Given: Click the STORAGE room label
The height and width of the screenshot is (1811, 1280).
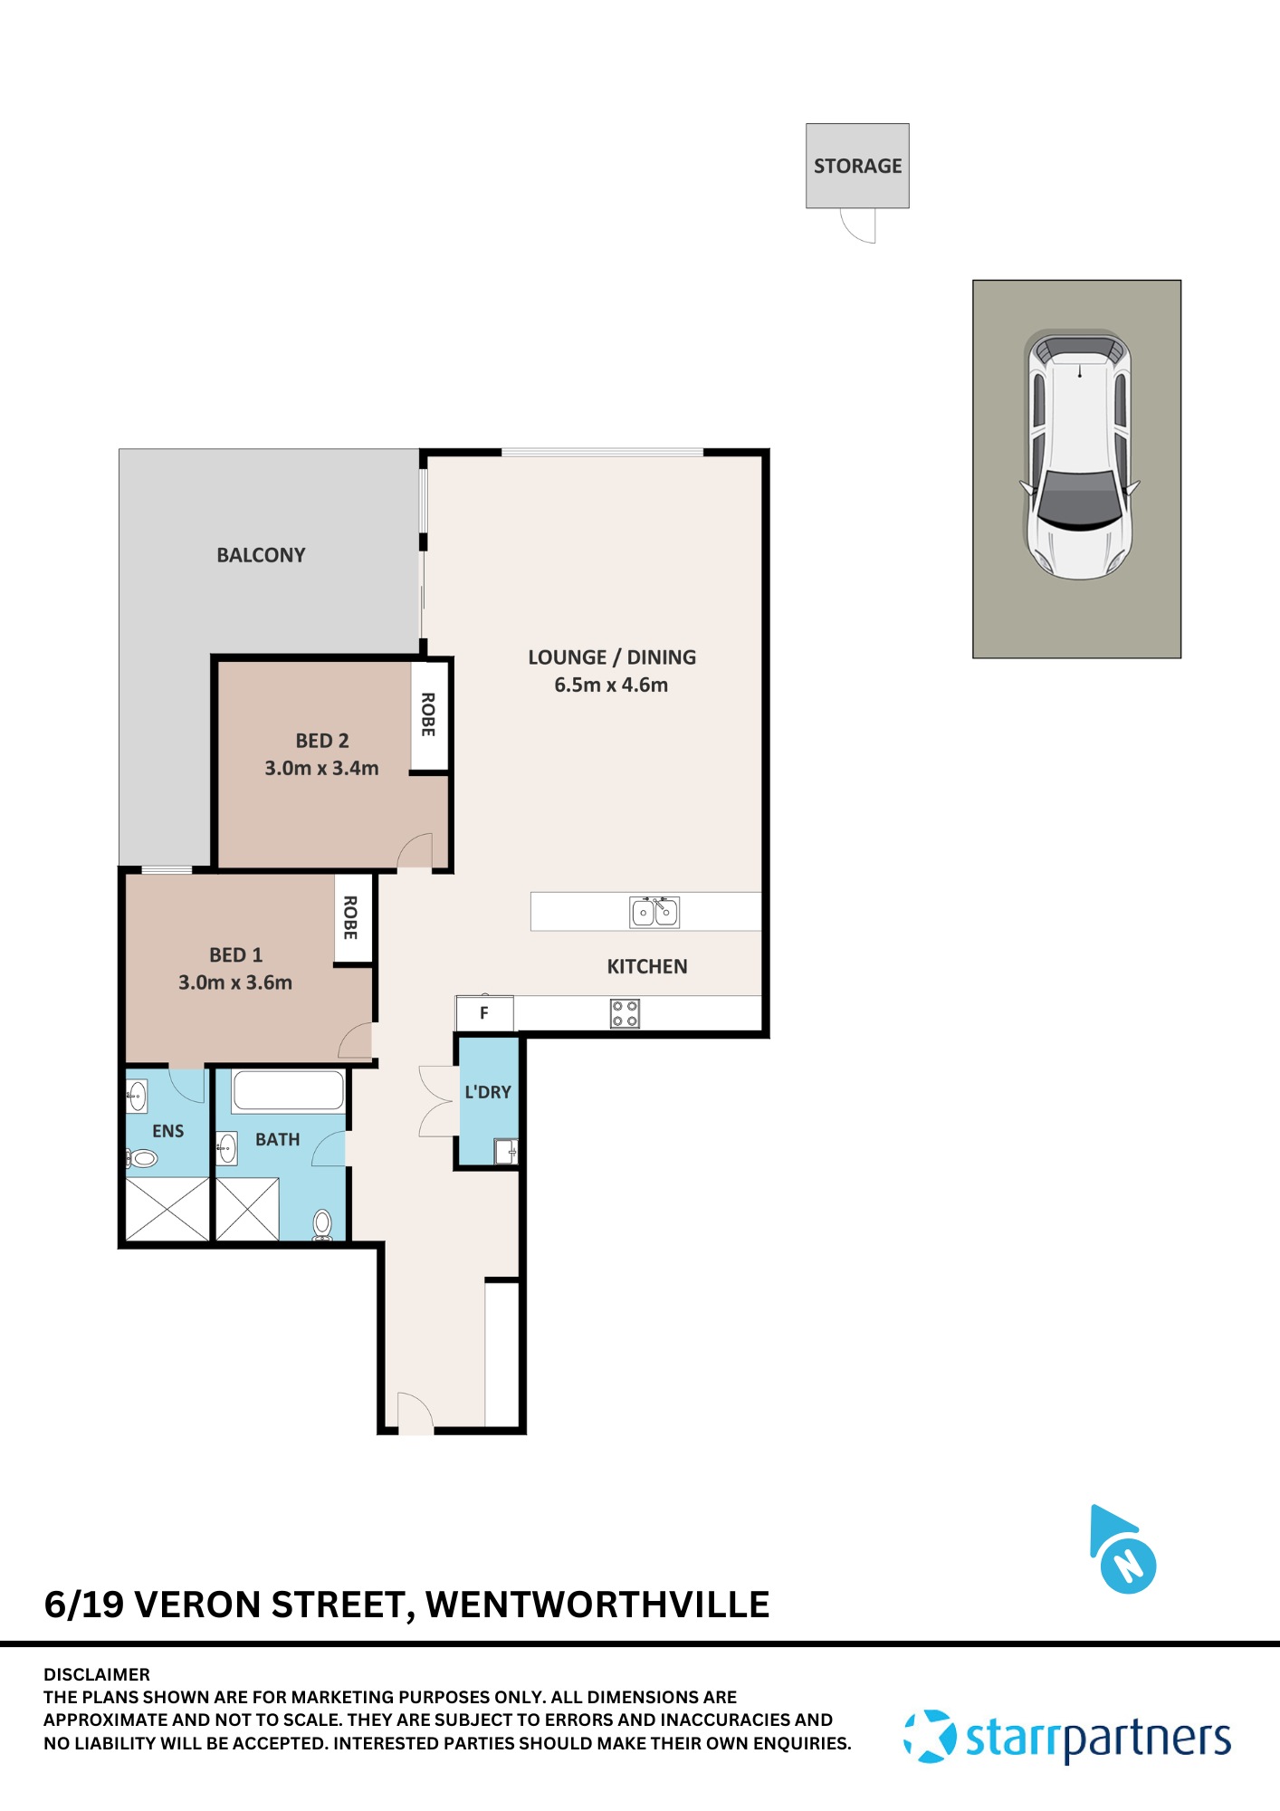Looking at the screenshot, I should [x=857, y=166].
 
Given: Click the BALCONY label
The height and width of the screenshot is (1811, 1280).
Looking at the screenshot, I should [x=261, y=555].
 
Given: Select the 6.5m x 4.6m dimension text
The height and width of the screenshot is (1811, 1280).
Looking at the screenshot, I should [x=611, y=685].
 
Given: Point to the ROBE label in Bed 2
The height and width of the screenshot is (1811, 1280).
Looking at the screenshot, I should [x=428, y=714].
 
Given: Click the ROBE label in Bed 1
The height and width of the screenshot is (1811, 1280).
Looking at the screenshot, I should [x=351, y=917].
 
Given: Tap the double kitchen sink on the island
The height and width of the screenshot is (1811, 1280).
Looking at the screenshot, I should [x=654, y=912].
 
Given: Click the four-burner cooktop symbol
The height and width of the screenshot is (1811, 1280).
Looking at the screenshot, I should [x=625, y=1013].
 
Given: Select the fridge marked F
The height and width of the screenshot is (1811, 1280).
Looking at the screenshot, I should [x=484, y=1013].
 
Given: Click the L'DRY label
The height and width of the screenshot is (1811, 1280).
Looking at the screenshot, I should [x=488, y=1092].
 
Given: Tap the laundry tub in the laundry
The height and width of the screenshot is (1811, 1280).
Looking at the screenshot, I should [x=505, y=1152].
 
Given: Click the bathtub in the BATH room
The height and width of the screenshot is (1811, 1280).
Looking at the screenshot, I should [x=288, y=1091].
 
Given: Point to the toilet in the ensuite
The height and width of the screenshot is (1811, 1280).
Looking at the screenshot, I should [x=142, y=1157].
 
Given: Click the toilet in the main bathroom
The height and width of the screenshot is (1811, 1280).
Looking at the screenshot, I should [x=322, y=1225].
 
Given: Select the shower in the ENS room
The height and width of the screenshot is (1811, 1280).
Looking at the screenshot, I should [x=167, y=1209].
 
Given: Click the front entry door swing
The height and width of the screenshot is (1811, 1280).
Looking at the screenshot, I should [x=415, y=1413].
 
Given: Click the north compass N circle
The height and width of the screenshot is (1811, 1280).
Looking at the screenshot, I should [x=1128, y=1566].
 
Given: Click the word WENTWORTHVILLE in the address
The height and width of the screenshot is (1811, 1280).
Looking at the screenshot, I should [x=597, y=1605].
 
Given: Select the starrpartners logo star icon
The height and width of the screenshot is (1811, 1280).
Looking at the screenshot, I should [x=930, y=1737].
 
